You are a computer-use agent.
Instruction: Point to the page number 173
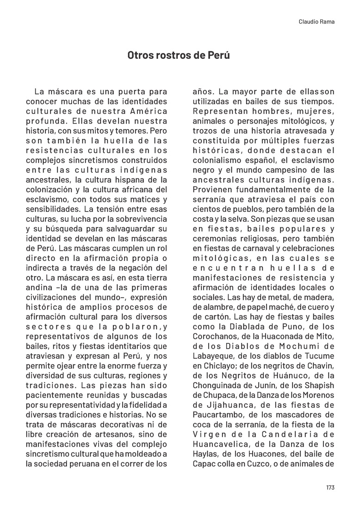(330, 487)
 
